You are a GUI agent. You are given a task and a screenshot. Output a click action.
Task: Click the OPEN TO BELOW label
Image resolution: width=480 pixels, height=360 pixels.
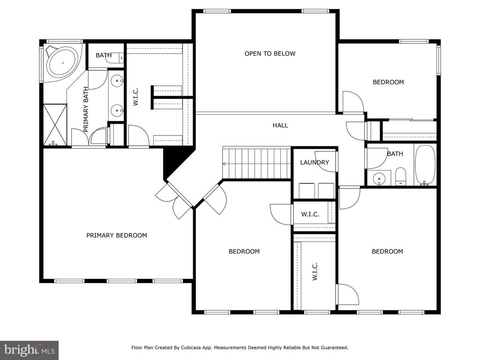pyautogui.click(x=270, y=53)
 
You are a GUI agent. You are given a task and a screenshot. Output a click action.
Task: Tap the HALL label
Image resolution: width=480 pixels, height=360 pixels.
pyautogui.click(x=280, y=125)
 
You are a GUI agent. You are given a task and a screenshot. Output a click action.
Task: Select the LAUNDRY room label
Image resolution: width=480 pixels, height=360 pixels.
pyautogui.click(x=315, y=162)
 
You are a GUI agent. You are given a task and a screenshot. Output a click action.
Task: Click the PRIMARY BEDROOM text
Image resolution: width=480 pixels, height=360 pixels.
pyautogui.click(x=117, y=235)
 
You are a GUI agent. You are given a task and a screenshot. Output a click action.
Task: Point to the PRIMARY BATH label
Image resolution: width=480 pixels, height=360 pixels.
pyautogui.click(x=86, y=109)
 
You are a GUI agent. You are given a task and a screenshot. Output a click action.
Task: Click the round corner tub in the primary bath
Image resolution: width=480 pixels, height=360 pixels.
pyautogui.click(x=63, y=62)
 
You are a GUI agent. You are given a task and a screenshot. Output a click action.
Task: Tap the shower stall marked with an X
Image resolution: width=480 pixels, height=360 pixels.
pyautogui.click(x=55, y=125)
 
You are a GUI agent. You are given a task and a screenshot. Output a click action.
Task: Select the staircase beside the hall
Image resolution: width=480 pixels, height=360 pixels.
pyautogui.click(x=256, y=163)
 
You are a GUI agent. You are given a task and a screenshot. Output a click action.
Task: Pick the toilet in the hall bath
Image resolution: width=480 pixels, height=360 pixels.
pyautogui.click(x=400, y=177)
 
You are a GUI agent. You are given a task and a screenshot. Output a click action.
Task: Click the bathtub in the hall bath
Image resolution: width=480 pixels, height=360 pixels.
pyautogui.click(x=425, y=165)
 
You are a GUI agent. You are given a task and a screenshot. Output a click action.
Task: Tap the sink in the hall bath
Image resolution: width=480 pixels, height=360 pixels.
pyautogui.click(x=379, y=178)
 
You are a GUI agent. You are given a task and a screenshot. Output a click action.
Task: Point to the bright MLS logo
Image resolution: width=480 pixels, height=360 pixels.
pyautogui.click(x=29, y=350)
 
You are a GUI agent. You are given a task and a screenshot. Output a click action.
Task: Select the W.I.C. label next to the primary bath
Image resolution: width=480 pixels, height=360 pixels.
pyautogui.click(x=135, y=97)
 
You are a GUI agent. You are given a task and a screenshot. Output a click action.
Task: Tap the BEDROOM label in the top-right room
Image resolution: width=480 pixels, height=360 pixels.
pyautogui.click(x=388, y=82)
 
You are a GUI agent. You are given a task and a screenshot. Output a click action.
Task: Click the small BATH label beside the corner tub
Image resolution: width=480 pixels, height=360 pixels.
pyautogui.click(x=104, y=55)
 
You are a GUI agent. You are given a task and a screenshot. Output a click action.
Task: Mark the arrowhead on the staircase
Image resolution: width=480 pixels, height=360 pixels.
pyautogui.click(x=225, y=164)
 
